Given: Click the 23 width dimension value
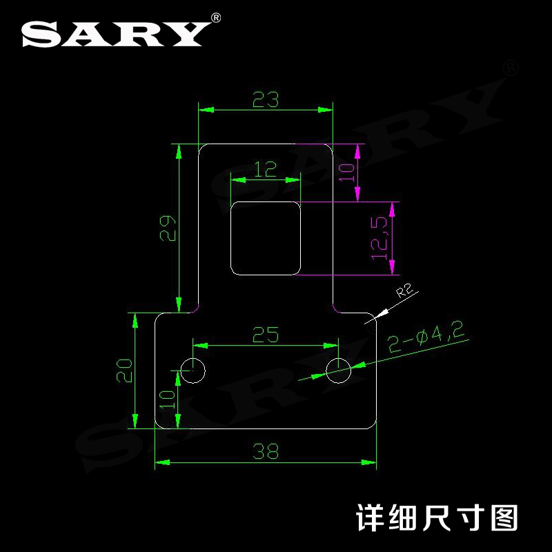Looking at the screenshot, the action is pyautogui.click(x=266, y=101).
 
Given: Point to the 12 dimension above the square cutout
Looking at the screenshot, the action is pyautogui.click(x=266, y=168).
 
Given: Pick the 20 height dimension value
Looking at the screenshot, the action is pyautogui.click(x=124, y=371).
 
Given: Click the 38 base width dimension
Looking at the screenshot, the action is pyautogui.click(x=266, y=452).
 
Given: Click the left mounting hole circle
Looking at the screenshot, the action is pyautogui.click(x=193, y=371).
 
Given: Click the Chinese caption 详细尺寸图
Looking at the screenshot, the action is pyautogui.click(x=436, y=516).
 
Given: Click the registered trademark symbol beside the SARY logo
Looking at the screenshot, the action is pyautogui.click(x=216, y=17).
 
